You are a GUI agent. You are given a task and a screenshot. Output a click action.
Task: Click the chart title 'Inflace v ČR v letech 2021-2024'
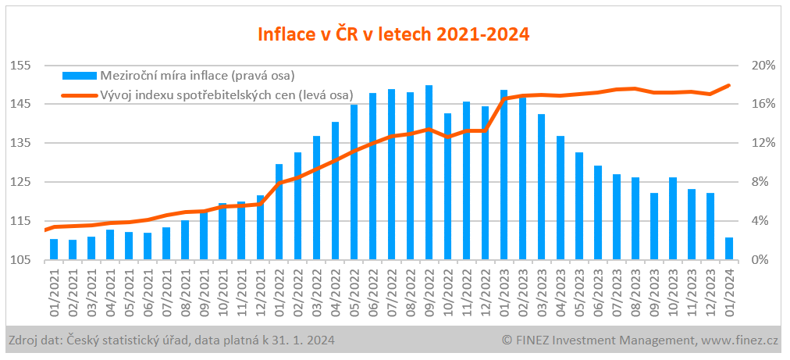point(394,34)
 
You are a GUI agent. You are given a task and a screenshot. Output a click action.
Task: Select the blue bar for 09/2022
point(429,173)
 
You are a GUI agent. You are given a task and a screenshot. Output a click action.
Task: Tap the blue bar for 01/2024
point(729,248)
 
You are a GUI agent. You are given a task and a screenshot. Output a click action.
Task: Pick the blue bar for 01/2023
point(504,175)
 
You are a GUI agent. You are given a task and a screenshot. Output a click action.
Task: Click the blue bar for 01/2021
point(54,249)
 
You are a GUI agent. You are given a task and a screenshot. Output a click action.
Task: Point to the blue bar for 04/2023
point(560,198)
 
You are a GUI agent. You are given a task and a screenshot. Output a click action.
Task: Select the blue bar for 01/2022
point(279,212)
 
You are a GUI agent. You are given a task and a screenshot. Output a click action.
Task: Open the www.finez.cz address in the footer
point(742,340)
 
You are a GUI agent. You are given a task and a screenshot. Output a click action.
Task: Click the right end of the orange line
point(729,85)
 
